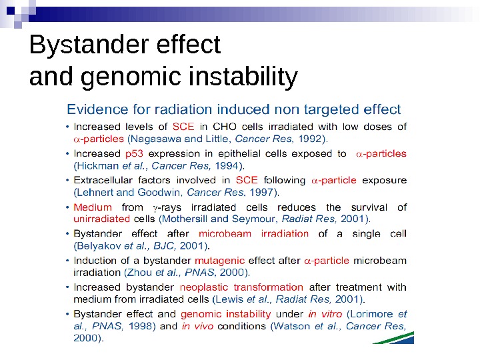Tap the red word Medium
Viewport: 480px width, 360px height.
[93, 207]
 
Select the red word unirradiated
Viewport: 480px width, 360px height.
[101, 219]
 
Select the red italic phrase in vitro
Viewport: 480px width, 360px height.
[325, 314]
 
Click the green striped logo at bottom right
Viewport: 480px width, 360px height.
[393, 337]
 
